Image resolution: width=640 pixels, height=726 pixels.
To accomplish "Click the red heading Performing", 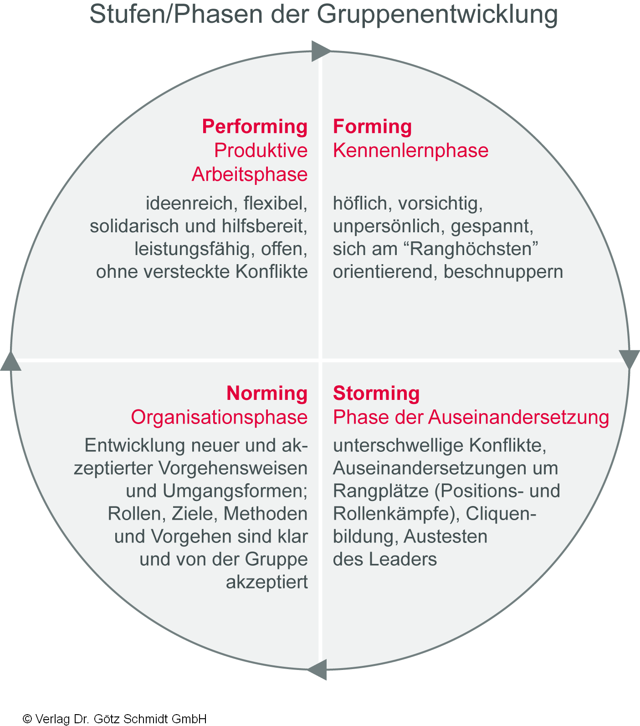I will tap(255, 127).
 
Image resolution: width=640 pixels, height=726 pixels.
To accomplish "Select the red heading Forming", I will tap(372, 127).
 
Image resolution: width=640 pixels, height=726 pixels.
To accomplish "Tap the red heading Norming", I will tap(267, 394).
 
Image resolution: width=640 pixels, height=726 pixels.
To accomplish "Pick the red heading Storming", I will tap(376, 394).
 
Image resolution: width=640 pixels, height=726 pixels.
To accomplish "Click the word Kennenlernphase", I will tap(410, 151).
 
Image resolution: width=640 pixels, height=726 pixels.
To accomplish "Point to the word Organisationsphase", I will tap(219, 418).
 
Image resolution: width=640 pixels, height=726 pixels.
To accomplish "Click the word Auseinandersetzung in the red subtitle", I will tap(519, 418).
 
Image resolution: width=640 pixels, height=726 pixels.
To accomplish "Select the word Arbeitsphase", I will tap(250, 175).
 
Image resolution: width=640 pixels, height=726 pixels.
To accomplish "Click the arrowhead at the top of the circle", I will tap(321, 51).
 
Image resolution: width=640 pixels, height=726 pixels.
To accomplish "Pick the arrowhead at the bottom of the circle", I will tap(318, 670).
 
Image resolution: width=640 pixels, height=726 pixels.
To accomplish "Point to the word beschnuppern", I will tap(503, 272).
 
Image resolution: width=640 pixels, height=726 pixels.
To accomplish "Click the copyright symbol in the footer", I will tap(27, 719).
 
